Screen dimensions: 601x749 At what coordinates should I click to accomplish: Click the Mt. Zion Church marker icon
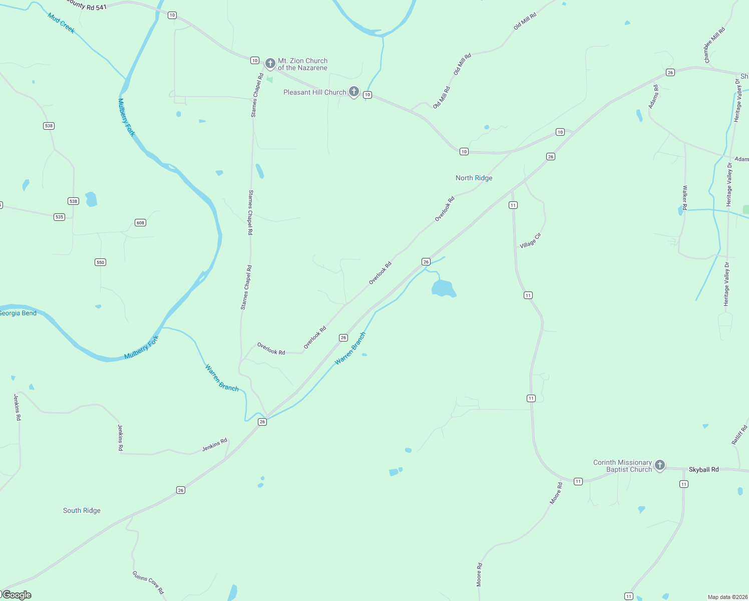[x=270, y=63]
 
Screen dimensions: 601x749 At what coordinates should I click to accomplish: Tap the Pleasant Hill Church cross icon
[x=354, y=91]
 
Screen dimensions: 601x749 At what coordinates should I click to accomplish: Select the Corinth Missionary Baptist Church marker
[x=660, y=465]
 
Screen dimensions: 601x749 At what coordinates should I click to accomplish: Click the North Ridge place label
[x=474, y=178]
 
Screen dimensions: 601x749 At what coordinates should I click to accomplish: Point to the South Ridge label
[x=82, y=510]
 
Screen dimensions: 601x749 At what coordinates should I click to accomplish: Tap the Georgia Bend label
[x=18, y=313]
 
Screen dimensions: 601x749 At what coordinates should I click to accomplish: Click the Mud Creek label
[x=61, y=23]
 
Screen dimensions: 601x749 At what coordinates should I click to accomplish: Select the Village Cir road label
[x=531, y=240]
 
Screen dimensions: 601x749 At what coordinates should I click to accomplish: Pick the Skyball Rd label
[x=703, y=469]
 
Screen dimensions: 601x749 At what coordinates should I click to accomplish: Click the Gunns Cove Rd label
[x=148, y=582]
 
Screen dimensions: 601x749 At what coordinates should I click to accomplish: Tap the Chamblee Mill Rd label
[x=714, y=45]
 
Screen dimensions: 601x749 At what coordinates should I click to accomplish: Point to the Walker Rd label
[x=684, y=197]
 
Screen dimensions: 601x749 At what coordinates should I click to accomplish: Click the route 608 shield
[x=140, y=222]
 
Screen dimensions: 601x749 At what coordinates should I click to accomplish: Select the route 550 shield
[x=100, y=262]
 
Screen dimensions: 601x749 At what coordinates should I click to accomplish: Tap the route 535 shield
[x=59, y=217]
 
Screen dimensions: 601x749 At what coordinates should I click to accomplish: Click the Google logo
[x=17, y=595]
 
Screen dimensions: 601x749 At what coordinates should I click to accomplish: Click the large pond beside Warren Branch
[x=443, y=288]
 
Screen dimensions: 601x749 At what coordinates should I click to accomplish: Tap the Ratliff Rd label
[x=739, y=435]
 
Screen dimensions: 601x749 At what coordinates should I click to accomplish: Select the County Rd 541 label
[x=87, y=6]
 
